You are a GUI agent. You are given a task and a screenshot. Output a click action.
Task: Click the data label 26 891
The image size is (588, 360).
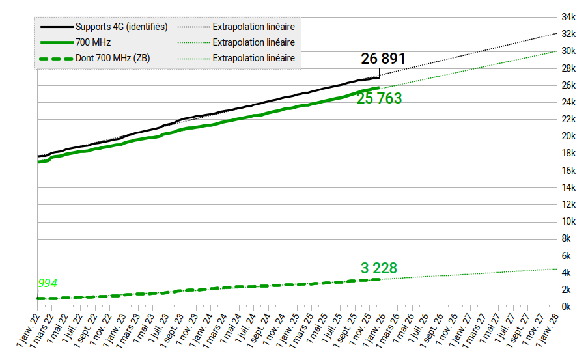pyautogui.click(x=384, y=59)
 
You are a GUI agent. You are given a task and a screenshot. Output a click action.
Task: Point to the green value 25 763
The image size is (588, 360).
pyautogui.click(x=379, y=99)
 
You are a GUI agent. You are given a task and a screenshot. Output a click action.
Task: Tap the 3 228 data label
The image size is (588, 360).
pyautogui.click(x=379, y=268)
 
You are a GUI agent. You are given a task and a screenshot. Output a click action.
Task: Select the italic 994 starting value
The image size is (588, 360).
pyautogui.click(x=47, y=283)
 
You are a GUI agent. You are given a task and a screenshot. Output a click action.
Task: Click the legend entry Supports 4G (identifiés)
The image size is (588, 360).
pyautogui.click(x=122, y=27)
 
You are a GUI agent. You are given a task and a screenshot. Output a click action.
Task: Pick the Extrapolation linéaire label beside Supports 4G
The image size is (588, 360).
pyautogui.click(x=254, y=27)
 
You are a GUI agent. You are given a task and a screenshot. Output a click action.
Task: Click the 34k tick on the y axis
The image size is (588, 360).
pyautogui.click(x=568, y=17)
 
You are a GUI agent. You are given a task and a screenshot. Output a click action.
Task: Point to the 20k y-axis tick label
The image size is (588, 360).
pyautogui.click(x=568, y=136)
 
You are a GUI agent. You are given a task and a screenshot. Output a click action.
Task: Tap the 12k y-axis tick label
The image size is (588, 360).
pyautogui.click(x=568, y=204)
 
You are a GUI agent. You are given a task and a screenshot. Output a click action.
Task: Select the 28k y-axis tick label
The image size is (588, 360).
pyautogui.click(x=568, y=68)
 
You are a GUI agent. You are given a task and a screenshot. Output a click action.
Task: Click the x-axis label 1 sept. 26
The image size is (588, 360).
pyautogui.click(x=434, y=330)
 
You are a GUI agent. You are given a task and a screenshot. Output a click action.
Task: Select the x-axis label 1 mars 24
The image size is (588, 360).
pyautogui.click(x=217, y=330)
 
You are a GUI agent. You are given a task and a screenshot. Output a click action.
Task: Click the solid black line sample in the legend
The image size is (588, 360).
pyautogui.click(x=56, y=27)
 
